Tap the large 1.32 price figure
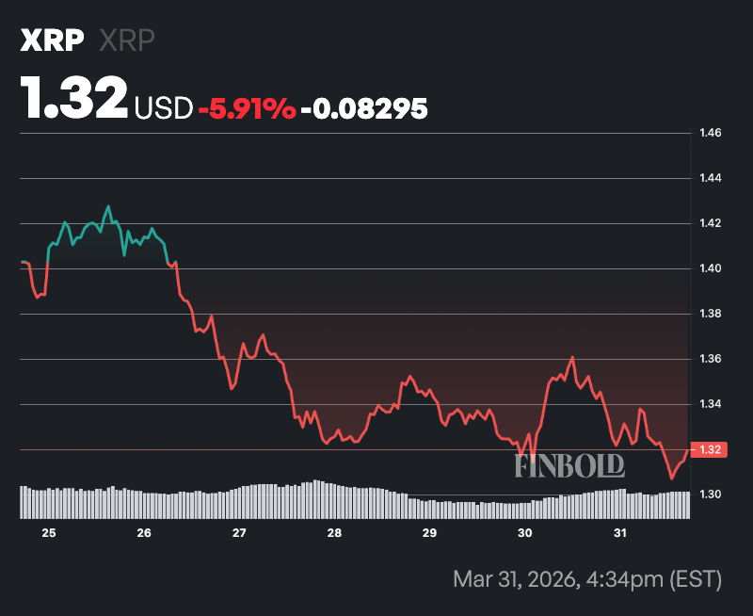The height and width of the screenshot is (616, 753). [x=74, y=97]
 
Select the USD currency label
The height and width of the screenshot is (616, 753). [x=164, y=108]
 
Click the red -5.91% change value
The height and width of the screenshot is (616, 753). [x=247, y=108]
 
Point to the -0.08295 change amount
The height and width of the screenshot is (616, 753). [x=363, y=108]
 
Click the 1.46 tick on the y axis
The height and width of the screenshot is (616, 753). [x=711, y=133]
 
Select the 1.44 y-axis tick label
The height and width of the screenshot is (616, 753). [x=711, y=178]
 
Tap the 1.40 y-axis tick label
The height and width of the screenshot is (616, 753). [x=711, y=268]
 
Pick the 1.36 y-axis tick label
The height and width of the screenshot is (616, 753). [x=711, y=359]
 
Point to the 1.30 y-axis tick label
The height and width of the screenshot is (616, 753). [x=711, y=494]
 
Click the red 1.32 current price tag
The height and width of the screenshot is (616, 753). [x=711, y=449]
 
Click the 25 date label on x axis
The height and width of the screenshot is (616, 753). [x=49, y=533]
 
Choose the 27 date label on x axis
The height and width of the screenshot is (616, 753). [x=239, y=533]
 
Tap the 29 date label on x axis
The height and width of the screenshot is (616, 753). [x=429, y=533]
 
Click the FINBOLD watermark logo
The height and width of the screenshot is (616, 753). [x=569, y=464]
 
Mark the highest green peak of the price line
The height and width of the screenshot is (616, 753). [x=108, y=206]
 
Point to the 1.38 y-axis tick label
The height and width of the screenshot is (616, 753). [x=711, y=314]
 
